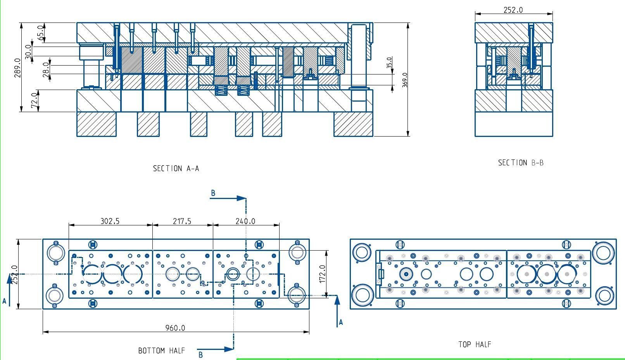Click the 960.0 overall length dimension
tap(175, 328)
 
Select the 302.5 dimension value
tap(110, 221)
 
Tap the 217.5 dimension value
tap(182, 221)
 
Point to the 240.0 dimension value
tap(245, 221)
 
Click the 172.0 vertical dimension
tap(322, 274)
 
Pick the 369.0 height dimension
tap(405, 80)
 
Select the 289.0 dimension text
tap(17, 68)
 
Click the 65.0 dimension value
tap(40, 33)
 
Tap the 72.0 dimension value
tap(35, 100)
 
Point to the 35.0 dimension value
tap(390, 62)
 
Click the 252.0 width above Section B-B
tap(513, 10)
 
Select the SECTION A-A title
tap(176, 168)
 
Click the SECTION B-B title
tap(521, 163)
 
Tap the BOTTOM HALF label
tap(161, 351)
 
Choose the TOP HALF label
tap(475, 344)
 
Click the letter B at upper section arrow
tap(213, 193)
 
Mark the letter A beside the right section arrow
tap(341, 322)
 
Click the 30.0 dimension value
tap(28, 52)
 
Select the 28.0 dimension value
tap(46, 69)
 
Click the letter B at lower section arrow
tap(200, 355)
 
